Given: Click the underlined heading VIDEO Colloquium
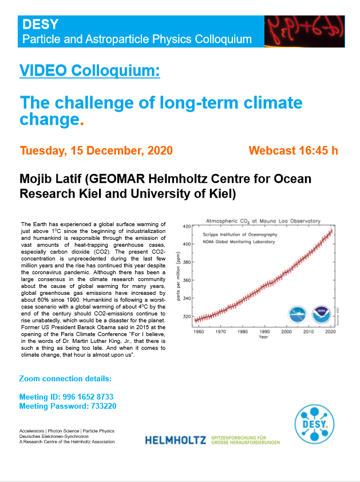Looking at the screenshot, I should click(90, 71).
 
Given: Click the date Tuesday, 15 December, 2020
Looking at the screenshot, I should click(96, 151).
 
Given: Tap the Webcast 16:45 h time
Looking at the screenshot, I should click(293, 151).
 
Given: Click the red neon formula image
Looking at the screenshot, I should click(304, 31).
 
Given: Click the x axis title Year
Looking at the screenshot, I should click(263, 337).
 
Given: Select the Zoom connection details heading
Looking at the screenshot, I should click(65, 379).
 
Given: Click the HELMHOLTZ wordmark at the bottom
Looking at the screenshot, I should click(175, 440).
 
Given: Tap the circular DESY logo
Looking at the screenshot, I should click(316, 426).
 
